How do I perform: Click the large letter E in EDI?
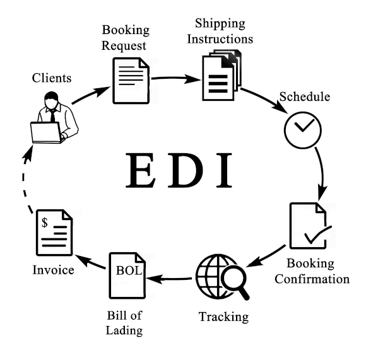click(x=140, y=170)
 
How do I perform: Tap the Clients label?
click(x=52, y=78)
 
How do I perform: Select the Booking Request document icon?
click(x=131, y=81)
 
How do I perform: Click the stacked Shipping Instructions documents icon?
click(x=221, y=75)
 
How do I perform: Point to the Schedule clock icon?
click(x=303, y=130)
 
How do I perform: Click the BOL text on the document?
click(x=129, y=270)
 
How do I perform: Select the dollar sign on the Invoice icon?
click(x=45, y=222)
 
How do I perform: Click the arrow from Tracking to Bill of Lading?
click(x=169, y=279)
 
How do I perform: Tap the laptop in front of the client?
click(x=47, y=132)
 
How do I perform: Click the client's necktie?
click(x=53, y=116)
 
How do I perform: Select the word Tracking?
click(x=223, y=317)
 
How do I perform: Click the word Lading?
click(x=124, y=331)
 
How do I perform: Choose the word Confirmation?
click(x=312, y=279)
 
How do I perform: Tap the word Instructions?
click(x=220, y=39)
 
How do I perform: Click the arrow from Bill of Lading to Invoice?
click(x=90, y=262)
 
